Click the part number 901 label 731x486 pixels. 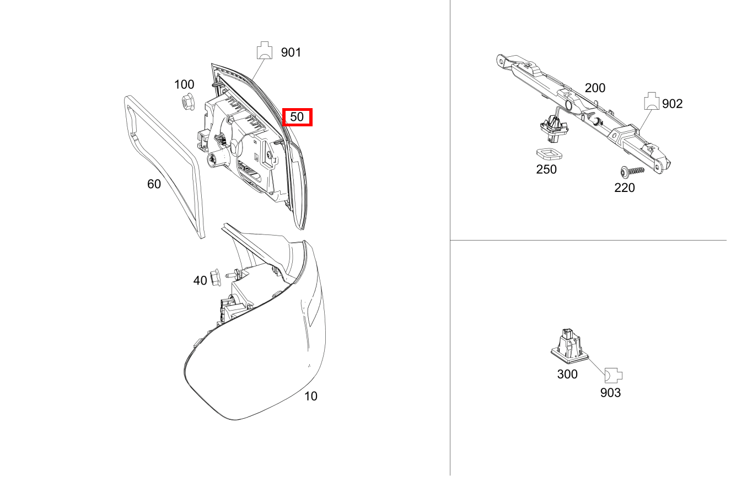click(x=291, y=52)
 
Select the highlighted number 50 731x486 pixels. click(x=297, y=117)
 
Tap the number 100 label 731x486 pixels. click(x=184, y=84)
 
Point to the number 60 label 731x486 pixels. click(x=154, y=184)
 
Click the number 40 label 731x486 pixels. click(x=200, y=280)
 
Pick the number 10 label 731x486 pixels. click(x=311, y=396)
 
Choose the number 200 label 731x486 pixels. click(x=595, y=88)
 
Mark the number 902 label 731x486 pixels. click(x=672, y=104)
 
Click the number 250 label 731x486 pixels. click(x=546, y=169)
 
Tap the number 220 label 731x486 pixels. click(x=625, y=188)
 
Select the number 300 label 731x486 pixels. click(x=567, y=374)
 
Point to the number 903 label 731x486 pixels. click(x=611, y=393)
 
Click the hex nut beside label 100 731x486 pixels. click(x=187, y=102)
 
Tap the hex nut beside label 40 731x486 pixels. click(x=215, y=277)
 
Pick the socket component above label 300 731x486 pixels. click(x=569, y=346)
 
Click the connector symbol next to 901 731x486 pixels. click(x=264, y=50)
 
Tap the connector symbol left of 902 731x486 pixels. click(x=652, y=101)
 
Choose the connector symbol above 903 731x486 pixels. click(x=614, y=375)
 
